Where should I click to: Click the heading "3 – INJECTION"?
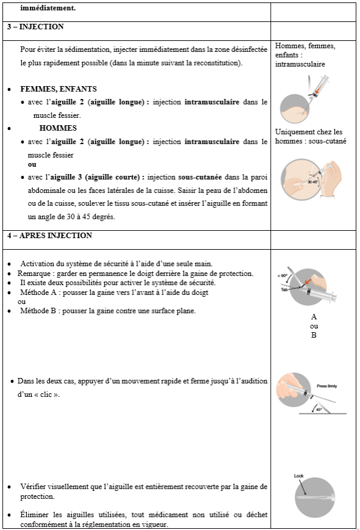(35, 27)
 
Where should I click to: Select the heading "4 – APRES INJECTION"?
(49, 236)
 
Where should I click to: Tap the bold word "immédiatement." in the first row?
(48, 8)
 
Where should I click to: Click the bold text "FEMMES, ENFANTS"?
(59, 89)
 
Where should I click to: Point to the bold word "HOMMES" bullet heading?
(58, 128)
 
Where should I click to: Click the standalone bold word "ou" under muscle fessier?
(32, 165)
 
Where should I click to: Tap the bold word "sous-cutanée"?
(200, 177)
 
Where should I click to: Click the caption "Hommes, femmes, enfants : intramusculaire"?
(305, 55)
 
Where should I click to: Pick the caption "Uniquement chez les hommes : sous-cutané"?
(311, 136)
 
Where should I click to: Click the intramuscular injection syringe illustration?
(304, 100)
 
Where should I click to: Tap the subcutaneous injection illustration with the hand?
(311, 179)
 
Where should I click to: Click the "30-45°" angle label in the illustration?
(312, 182)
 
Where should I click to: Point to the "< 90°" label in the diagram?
(283, 275)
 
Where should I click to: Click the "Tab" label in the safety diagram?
(284, 289)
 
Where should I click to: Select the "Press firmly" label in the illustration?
(326, 386)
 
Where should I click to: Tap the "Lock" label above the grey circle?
(298, 476)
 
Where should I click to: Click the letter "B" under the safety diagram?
(314, 335)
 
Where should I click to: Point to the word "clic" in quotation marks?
(46, 394)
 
